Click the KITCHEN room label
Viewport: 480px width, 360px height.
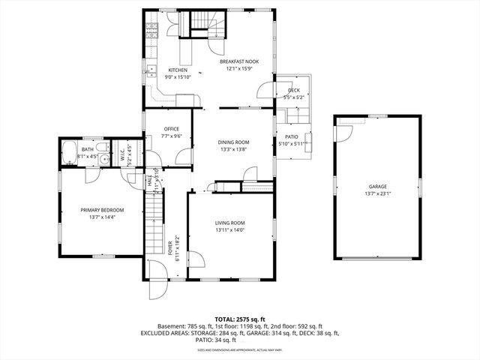point(177,70)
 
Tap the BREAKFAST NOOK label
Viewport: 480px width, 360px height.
point(240,63)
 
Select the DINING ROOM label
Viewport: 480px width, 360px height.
point(232,142)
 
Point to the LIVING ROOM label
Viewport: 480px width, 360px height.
point(230,223)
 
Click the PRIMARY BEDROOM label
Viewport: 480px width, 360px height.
point(102,210)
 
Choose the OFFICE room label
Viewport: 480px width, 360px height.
point(172,129)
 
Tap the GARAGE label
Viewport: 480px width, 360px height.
point(377,186)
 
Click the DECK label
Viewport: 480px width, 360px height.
point(294,90)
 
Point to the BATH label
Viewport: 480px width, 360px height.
point(88,149)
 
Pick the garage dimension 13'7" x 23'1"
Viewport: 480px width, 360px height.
point(377,193)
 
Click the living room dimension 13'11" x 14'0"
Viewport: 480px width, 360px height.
point(230,230)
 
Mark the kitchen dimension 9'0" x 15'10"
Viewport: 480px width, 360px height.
point(178,76)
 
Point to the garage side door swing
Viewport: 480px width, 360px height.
point(343,132)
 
